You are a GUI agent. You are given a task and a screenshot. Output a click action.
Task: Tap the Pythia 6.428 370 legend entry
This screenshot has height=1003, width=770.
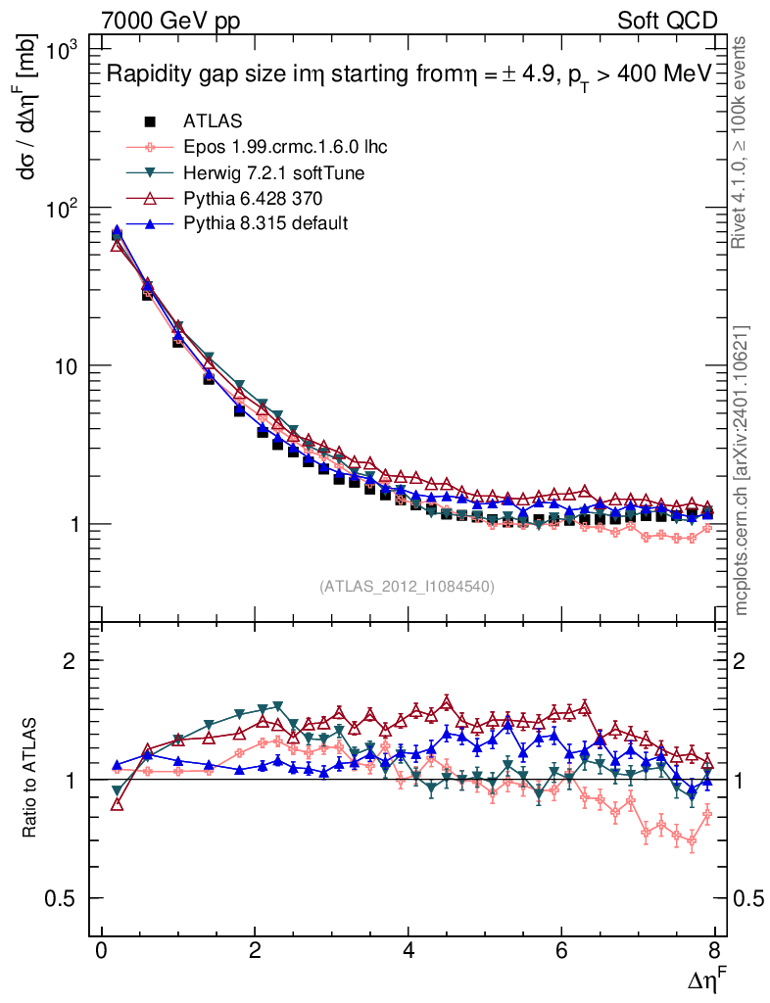pos(246,198)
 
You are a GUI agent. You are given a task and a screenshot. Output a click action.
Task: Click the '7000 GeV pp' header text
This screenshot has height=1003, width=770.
pos(171,21)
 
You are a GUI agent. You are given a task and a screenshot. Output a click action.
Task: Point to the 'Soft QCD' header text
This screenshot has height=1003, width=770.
pos(667,21)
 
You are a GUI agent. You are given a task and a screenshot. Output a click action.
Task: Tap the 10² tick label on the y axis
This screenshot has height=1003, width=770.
pos(63,207)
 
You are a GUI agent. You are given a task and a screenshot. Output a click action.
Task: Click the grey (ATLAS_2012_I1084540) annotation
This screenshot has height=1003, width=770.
pos(407,587)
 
